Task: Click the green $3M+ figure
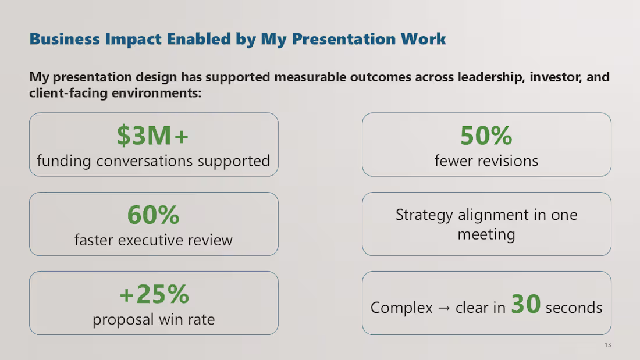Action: pyautogui.click(x=153, y=136)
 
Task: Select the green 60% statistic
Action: pyautogui.click(x=153, y=215)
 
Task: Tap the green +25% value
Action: pyautogui.click(x=154, y=295)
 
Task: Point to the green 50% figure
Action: pyautogui.click(x=486, y=136)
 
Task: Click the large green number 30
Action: pyautogui.click(x=526, y=304)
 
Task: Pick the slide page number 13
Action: pyautogui.click(x=607, y=345)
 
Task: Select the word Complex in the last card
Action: pyautogui.click(x=401, y=308)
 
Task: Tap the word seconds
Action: pyautogui.click(x=574, y=308)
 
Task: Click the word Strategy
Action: pyautogui.click(x=424, y=215)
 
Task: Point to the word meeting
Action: pyautogui.click(x=486, y=235)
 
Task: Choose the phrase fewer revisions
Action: pyautogui.click(x=486, y=161)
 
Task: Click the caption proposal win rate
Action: pyautogui.click(x=154, y=319)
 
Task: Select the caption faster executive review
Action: pyautogui.click(x=153, y=240)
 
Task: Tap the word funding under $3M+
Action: pyautogui.click(x=63, y=161)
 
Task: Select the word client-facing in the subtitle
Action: pyautogui.click(x=67, y=92)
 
